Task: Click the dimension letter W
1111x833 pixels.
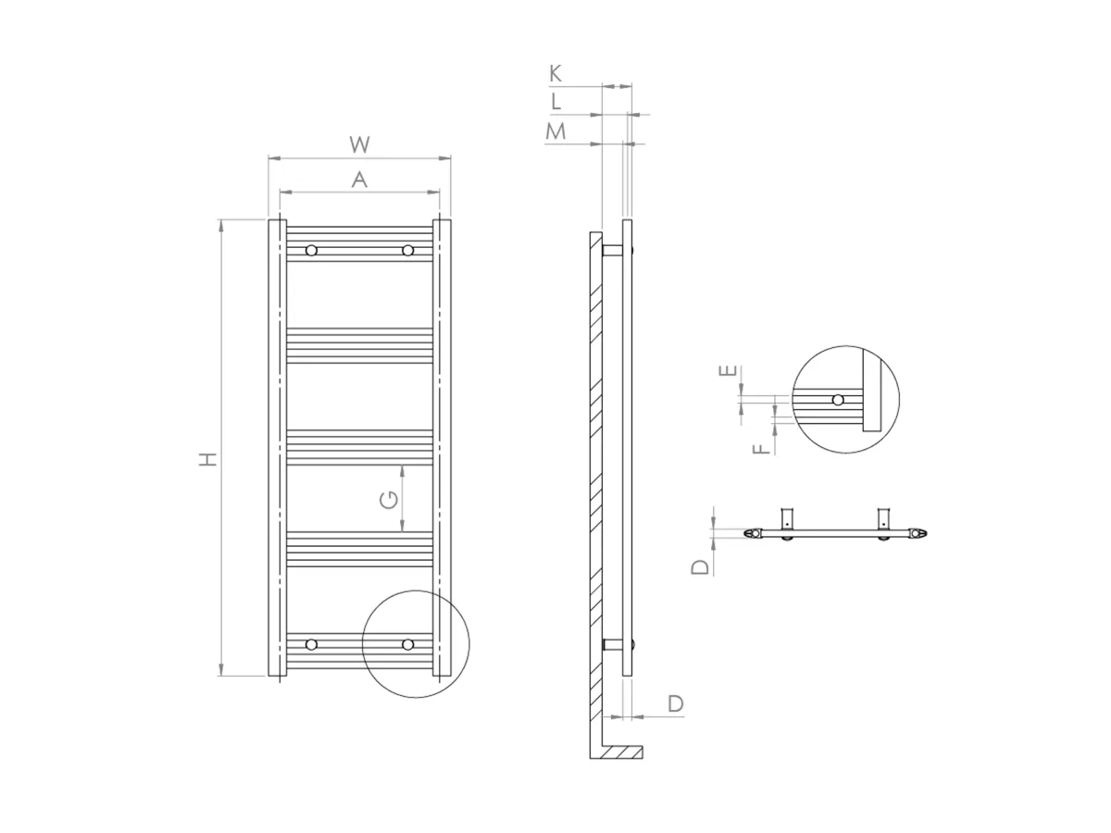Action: [359, 144]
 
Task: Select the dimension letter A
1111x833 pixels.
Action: [359, 180]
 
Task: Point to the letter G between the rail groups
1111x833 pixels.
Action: [389, 500]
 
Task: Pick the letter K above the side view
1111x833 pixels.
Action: [555, 73]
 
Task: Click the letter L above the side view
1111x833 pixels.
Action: [555, 101]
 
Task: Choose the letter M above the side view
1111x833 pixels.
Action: [555, 131]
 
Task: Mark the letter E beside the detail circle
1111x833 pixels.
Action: [730, 372]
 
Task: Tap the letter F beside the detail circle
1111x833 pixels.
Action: [759, 448]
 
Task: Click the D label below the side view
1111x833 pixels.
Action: [676, 703]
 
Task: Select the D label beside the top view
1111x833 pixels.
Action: [703, 565]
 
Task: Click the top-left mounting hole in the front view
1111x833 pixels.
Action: [311, 251]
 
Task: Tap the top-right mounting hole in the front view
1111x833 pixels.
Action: [407, 251]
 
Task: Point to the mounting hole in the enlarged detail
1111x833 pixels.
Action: [837, 400]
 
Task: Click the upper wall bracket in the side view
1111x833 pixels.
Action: [614, 251]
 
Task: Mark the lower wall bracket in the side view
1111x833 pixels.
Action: [614, 645]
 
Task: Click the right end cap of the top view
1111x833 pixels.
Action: [918, 534]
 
